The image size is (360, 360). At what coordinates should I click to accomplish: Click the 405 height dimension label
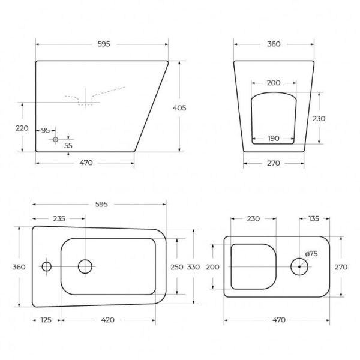(x=179, y=107)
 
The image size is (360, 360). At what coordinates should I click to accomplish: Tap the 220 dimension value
(x=22, y=128)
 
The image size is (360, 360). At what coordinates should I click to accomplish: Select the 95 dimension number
(x=46, y=130)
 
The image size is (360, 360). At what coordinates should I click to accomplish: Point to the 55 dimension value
(x=68, y=145)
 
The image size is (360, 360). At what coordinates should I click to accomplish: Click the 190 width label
(x=274, y=139)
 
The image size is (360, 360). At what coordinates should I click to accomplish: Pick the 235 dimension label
(x=59, y=218)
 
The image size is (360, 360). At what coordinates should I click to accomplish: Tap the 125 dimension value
(x=46, y=320)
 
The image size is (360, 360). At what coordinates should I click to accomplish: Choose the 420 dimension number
(x=107, y=320)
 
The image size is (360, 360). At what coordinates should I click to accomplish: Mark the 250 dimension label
(x=177, y=267)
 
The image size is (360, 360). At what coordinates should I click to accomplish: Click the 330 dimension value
(x=193, y=267)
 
